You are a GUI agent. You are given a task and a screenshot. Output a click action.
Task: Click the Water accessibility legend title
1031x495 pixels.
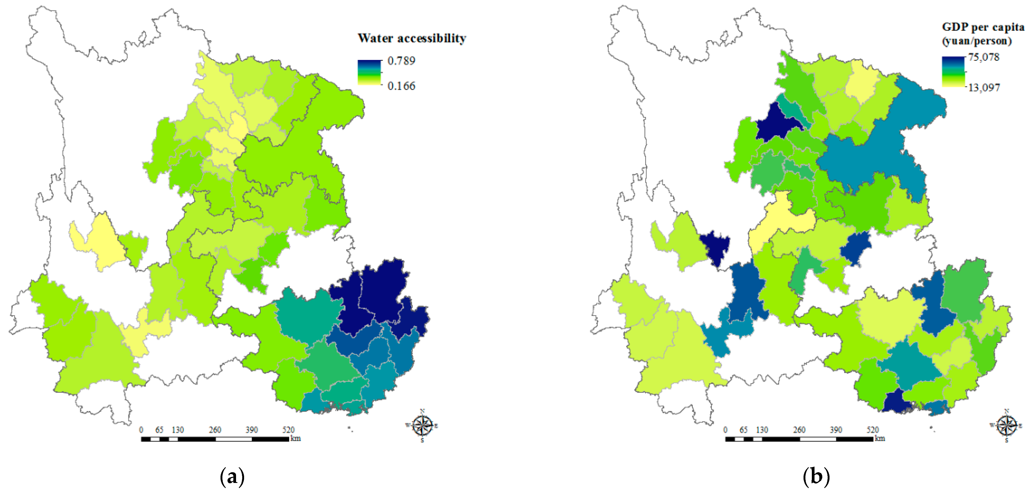412,38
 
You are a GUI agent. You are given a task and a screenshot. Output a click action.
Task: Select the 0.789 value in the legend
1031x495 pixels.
401,61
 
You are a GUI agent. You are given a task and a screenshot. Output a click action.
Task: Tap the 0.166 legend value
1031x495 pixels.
401,86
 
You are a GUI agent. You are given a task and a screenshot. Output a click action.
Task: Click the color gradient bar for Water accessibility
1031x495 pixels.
369,72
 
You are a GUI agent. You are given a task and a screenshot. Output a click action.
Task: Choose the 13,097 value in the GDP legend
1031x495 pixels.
984,87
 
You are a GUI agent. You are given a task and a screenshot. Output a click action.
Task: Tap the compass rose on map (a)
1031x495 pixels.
422,425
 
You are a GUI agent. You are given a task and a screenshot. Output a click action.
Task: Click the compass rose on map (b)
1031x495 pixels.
1007,425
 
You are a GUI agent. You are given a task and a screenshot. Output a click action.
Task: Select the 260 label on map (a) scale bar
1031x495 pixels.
215,430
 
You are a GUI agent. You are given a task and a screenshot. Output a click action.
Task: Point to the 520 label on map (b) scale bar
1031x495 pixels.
872,430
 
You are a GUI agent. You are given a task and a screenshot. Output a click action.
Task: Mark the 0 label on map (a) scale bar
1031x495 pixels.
141,430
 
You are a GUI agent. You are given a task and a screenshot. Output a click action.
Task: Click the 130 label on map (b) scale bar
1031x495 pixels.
762,430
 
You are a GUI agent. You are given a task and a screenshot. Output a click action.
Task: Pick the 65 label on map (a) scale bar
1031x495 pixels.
159,430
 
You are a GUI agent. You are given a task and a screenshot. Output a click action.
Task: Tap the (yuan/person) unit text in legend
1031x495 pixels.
977,41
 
